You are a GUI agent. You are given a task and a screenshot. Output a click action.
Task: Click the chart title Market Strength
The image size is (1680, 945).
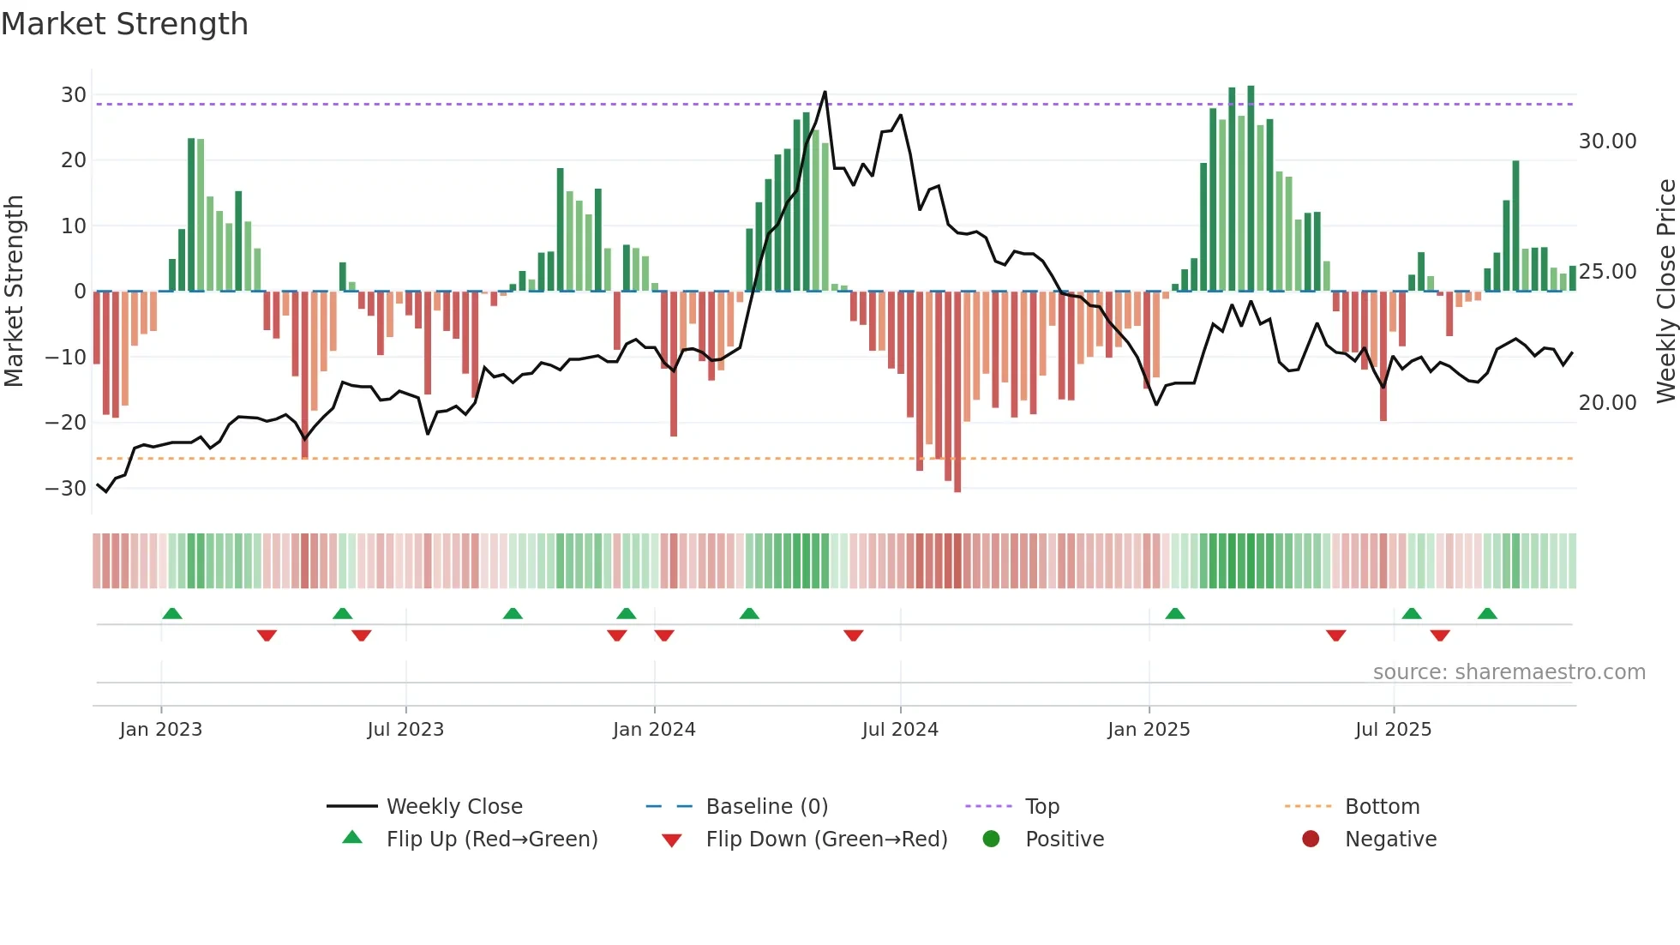pos(124,24)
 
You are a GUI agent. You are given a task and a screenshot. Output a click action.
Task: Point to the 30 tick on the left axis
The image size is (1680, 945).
pos(74,95)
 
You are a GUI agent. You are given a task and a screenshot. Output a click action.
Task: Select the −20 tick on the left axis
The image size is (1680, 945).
pos(66,422)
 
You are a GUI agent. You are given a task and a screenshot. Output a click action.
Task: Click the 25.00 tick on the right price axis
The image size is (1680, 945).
pos(1607,272)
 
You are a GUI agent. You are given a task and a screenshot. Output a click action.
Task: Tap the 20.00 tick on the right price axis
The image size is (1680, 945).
pos(1607,402)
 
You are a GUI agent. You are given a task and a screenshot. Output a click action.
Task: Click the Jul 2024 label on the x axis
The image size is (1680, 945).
pos(900,730)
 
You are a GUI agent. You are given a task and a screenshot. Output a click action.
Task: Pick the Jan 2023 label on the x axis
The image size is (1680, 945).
pos(161,730)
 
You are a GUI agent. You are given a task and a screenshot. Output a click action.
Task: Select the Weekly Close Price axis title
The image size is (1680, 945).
pos(1665,292)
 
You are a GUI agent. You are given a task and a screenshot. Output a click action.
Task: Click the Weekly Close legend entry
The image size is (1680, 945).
pos(453,807)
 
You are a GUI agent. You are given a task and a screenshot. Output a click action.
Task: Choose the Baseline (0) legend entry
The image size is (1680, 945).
pos(766,807)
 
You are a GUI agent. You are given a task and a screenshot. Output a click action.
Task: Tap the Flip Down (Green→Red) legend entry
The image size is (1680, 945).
pos(826,840)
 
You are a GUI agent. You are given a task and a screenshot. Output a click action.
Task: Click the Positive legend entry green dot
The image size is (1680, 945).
pos(992,840)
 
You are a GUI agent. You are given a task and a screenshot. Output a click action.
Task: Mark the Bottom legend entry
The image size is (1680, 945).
pos(1382,807)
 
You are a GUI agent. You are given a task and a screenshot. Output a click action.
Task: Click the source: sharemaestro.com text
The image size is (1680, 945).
pos(1509,672)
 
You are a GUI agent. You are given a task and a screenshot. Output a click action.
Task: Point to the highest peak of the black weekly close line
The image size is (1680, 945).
pos(825,93)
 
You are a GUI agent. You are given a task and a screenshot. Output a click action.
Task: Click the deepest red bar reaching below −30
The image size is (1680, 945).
pos(957,489)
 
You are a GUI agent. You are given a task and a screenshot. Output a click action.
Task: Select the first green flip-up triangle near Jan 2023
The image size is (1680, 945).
pos(172,613)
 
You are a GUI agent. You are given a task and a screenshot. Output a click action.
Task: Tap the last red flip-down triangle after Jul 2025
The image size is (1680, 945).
pos(1440,635)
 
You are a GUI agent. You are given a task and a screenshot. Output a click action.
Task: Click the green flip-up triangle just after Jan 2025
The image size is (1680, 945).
pos(1175,613)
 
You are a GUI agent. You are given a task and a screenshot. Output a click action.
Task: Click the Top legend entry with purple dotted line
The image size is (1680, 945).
pos(1041,807)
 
